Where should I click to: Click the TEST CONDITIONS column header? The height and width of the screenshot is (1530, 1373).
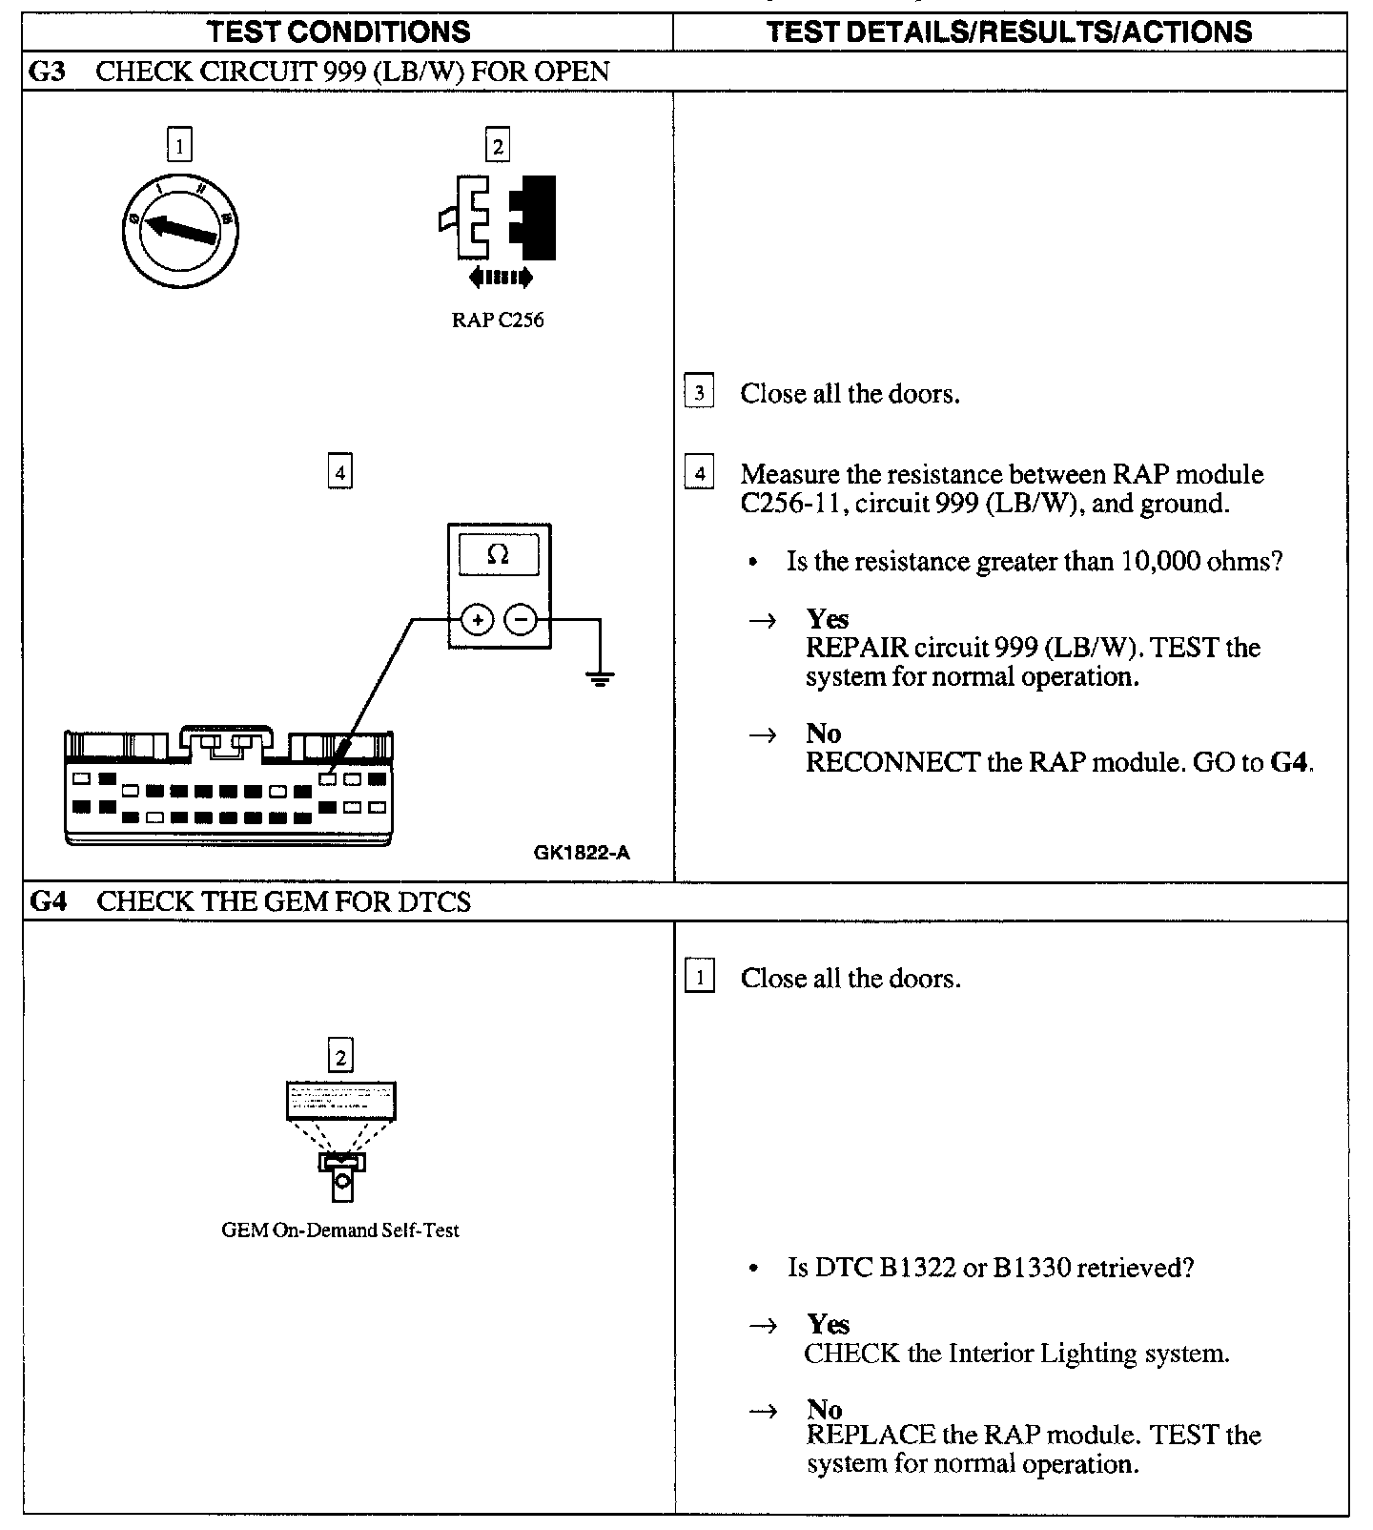338,31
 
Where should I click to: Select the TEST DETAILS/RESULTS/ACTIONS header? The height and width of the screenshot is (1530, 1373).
1009,31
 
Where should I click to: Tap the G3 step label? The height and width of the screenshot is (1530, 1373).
48,72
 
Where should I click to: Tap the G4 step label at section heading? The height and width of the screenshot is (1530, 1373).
49,902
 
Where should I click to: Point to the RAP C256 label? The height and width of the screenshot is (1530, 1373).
498,320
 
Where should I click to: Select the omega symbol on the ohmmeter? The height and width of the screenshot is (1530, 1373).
498,554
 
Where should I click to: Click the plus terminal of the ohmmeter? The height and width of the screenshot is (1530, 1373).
477,620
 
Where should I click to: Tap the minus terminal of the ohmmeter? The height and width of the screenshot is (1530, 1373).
521,620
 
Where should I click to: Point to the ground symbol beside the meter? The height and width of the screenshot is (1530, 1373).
600,678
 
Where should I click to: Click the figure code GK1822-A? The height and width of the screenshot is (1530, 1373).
582,853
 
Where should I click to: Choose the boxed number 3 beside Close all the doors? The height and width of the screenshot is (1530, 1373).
699,393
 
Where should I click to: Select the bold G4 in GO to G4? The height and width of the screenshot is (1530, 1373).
1290,763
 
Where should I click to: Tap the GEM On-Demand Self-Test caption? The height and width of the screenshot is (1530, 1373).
340,1230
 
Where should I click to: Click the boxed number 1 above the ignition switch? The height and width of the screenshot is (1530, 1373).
179,146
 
